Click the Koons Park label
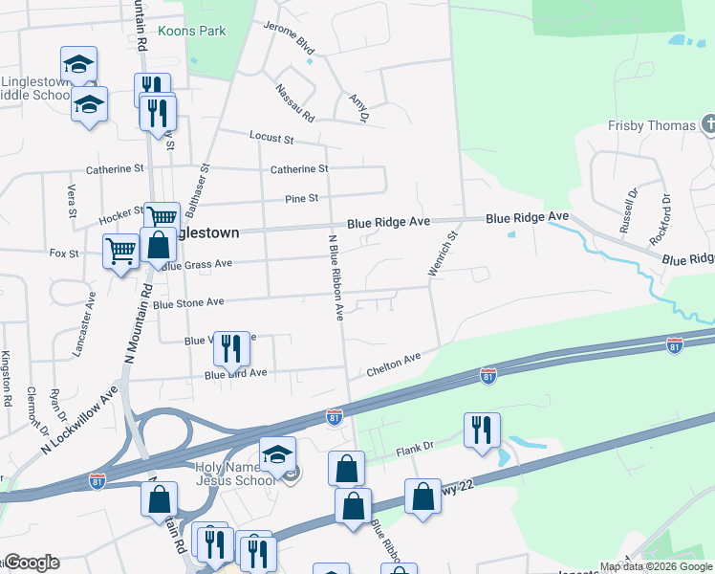192,31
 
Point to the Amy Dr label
358,108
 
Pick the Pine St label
300,198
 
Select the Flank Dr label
415,446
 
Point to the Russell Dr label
627,210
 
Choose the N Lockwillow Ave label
79,421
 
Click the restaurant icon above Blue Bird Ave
229,349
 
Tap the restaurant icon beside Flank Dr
482,430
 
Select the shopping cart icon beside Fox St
121,253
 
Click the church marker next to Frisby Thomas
708,123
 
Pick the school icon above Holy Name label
277,454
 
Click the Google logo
32,562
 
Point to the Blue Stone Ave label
187,302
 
